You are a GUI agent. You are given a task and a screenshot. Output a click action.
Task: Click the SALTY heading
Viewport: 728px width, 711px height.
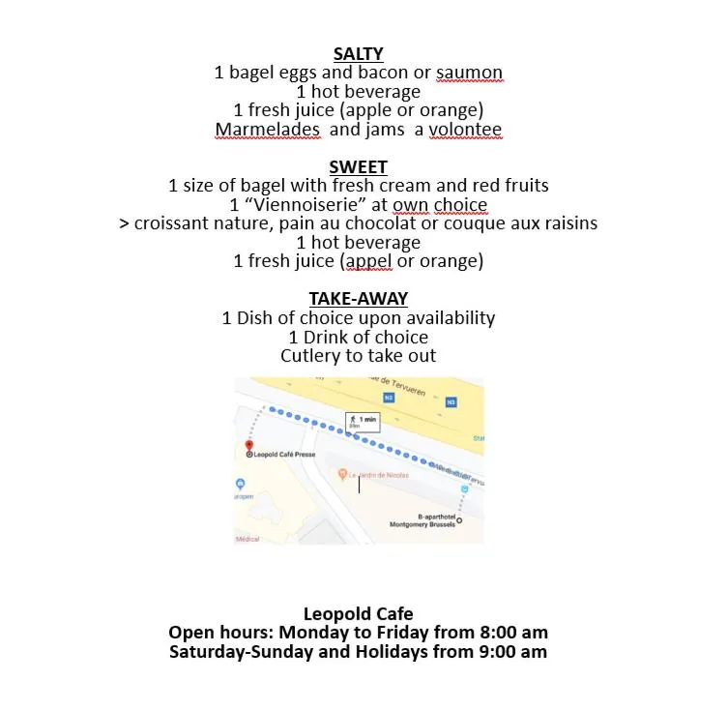point(359,54)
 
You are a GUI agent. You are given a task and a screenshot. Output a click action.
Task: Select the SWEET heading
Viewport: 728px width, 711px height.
point(358,167)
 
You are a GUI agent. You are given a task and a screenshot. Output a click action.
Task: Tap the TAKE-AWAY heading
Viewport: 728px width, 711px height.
point(358,299)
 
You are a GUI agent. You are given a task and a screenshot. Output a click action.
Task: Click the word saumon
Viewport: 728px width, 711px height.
point(470,73)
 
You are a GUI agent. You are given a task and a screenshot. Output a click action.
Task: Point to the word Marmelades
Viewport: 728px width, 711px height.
point(267,130)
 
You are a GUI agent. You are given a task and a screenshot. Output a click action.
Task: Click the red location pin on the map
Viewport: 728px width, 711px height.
point(249,445)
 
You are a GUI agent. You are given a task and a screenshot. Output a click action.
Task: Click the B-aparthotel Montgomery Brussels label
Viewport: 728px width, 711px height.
point(422,520)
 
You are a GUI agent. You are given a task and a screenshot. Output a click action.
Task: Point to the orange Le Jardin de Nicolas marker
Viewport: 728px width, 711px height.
point(343,475)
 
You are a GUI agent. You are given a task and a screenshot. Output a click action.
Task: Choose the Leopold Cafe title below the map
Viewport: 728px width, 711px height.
point(358,613)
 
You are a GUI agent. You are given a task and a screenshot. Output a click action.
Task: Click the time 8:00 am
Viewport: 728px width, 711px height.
point(513,633)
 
